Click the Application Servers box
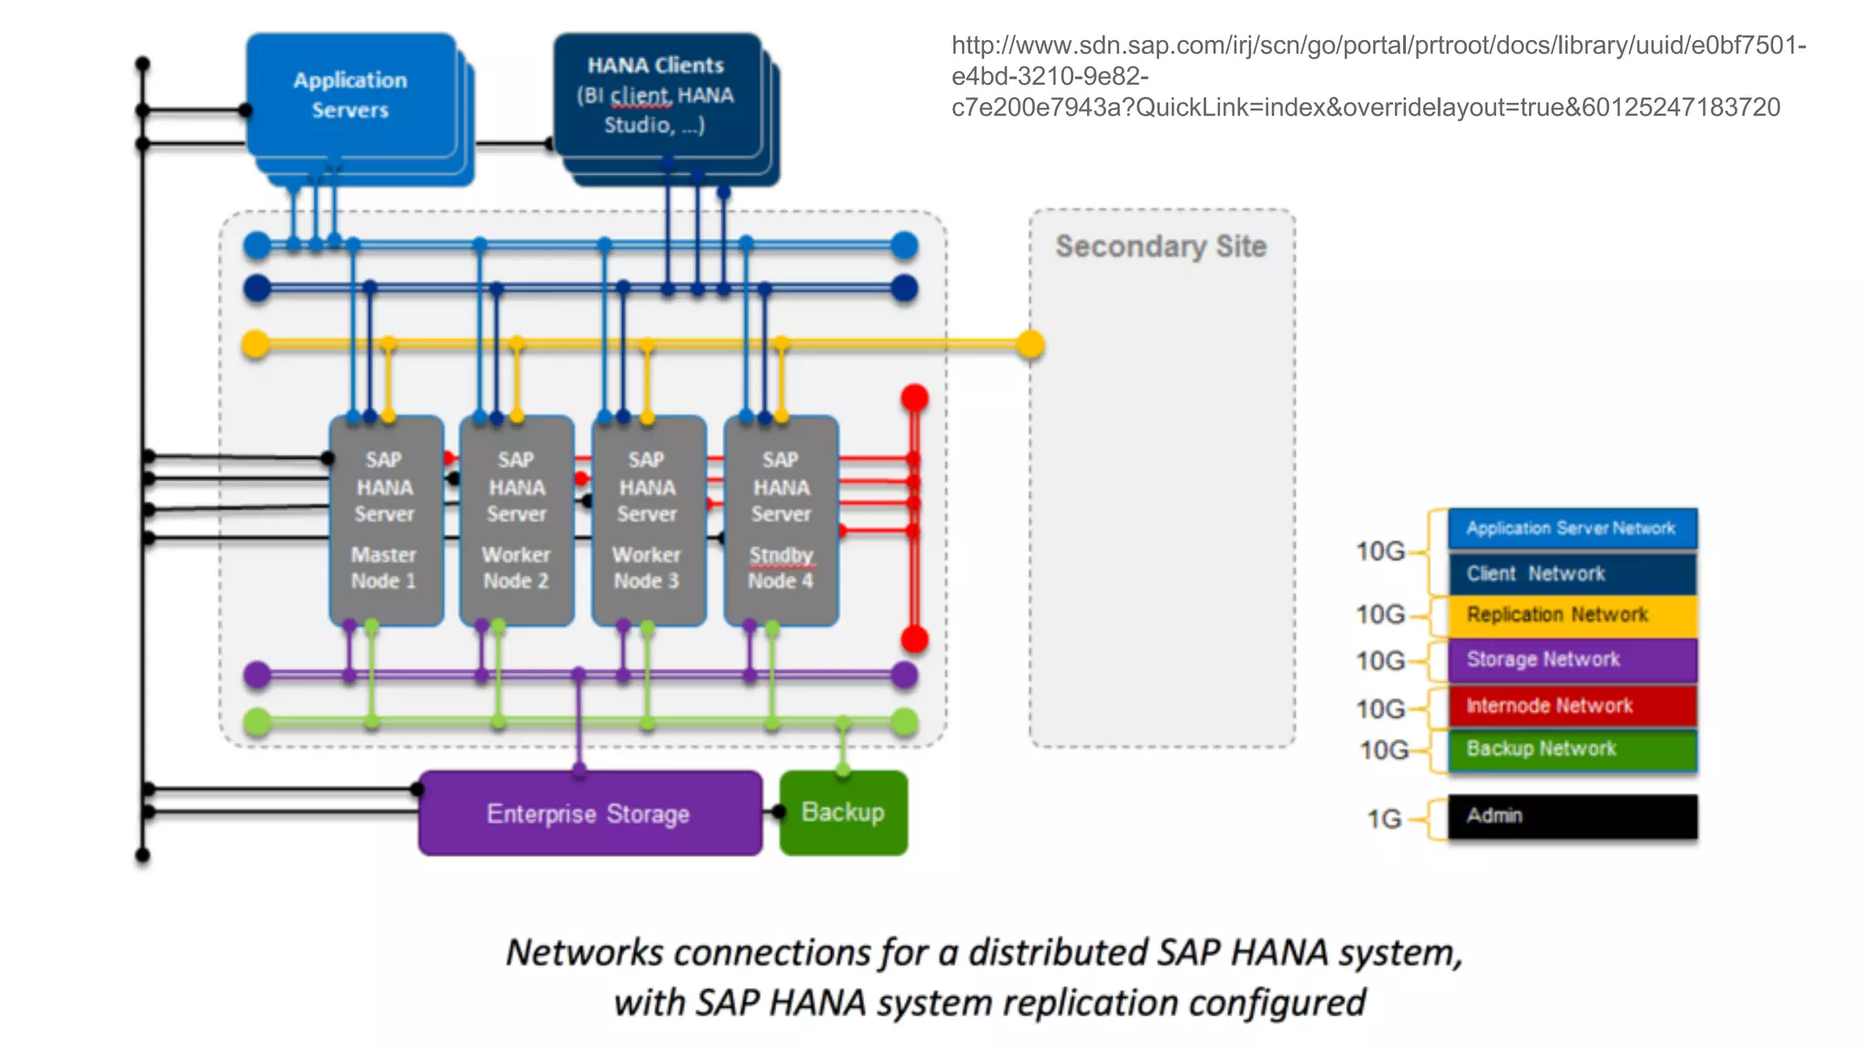coord(351,96)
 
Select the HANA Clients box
coord(656,96)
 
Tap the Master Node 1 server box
coord(385,520)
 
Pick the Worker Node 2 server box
coord(517,520)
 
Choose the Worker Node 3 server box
coord(648,520)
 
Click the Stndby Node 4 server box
coord(781,520)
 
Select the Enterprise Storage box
coord(590,813)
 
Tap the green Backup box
coord(843,812)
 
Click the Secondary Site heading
coord(1161,246)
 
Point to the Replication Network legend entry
coord(1572,615)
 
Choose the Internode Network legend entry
coord(1572,706)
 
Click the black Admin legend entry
coord(1572,816)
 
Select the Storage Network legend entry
coord(1572,659)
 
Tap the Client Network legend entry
coord(1572,574)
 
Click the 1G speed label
coord(1383,819)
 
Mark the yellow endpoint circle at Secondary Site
coord(1030,344)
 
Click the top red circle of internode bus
coord(915,398)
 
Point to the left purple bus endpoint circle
coord(258,675)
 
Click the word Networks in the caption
coord(584,952)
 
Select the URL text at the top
coord(1378,76)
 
